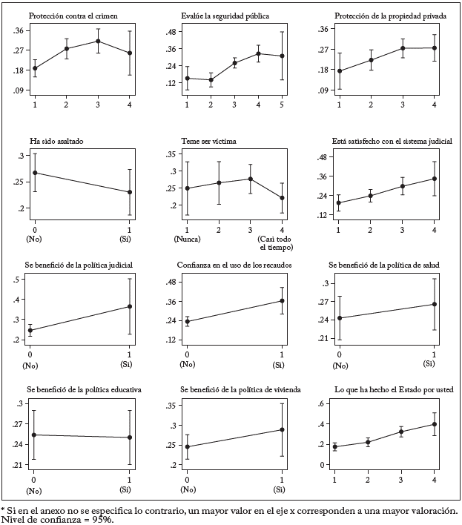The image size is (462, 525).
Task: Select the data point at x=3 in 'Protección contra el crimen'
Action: (x=98, y=41)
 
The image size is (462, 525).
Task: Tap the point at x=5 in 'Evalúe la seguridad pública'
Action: (x=282, y=56)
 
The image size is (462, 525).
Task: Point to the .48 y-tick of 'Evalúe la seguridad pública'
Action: (x=170, y=32)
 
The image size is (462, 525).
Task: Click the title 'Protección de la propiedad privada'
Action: (x=383, y=15)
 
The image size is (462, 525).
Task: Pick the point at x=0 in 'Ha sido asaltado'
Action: (x=35, y=173)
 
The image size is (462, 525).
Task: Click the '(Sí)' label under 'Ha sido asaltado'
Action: (x=131, y=239)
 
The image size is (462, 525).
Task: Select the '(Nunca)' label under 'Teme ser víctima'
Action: (x=188, y=239)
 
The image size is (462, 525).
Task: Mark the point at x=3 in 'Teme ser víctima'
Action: (x=251, y=179)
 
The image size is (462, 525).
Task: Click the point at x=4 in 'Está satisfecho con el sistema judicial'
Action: (x=435, y=178)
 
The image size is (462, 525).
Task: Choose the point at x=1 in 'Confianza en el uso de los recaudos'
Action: (x=282, y=300)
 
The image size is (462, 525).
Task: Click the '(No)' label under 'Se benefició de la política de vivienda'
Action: (x=188, y=490)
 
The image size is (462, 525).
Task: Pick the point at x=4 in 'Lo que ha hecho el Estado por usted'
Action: (x=435, y=424)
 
